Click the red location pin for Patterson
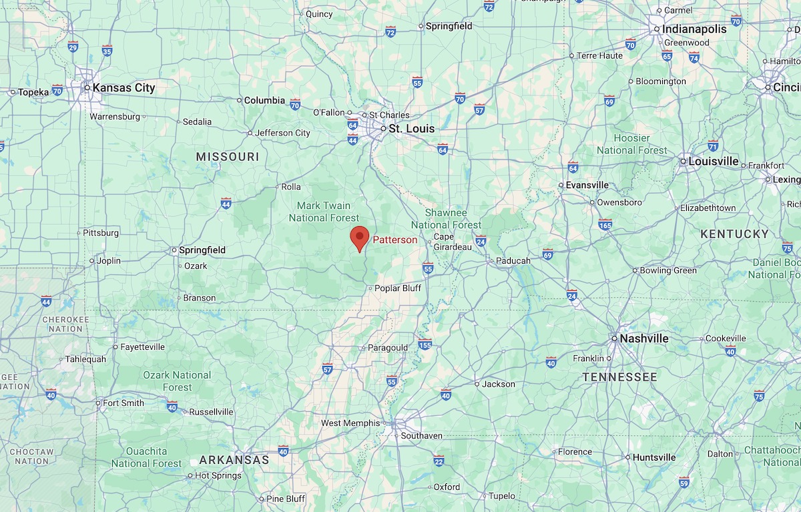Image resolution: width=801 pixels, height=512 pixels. pyautogui.click(x=360, y=238)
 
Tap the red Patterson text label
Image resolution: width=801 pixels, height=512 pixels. pyautogui.click(x=394, y=240)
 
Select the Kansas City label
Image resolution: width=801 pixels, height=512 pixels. pyautogui.click(x=123, y=87)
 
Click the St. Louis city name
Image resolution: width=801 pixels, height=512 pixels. pyautogui.click(x=412, y=129)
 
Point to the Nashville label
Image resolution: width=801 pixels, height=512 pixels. pyautogui.click(x=643, y=338)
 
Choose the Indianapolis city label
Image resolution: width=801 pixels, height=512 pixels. pyautogui.click(x=694, y=29)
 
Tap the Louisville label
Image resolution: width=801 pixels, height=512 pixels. pyautogui.click(x=714, y=161)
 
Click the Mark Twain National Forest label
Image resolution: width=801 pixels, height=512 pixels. pyautogui.click(x=324, y=212)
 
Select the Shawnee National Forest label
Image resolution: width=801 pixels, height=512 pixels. pyautogui.click(x=447, y=218)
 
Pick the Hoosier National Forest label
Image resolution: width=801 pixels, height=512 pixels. pyautogui.click(x=631, y=144)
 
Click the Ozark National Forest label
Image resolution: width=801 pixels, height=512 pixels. pyautogui.click(x=177, y=381)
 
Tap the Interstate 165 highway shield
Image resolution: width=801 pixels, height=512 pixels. pyautogui.click(x=605, y=224)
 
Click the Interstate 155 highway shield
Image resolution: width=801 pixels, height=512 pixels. pyautogui.click(x=425, y=344)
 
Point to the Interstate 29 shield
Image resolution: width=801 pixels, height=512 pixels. pyautogui.click(x=73, y=46)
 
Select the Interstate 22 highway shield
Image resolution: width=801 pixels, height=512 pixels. pyautogui.click(x=439, y=461)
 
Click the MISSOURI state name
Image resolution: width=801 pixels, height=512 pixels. pyautogui.click(x=227, y=156)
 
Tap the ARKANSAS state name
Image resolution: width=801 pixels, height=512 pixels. pyautogui.click(x=234, y=460)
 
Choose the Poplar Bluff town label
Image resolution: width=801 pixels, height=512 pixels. pyautogui.click(x=398, y=288)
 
